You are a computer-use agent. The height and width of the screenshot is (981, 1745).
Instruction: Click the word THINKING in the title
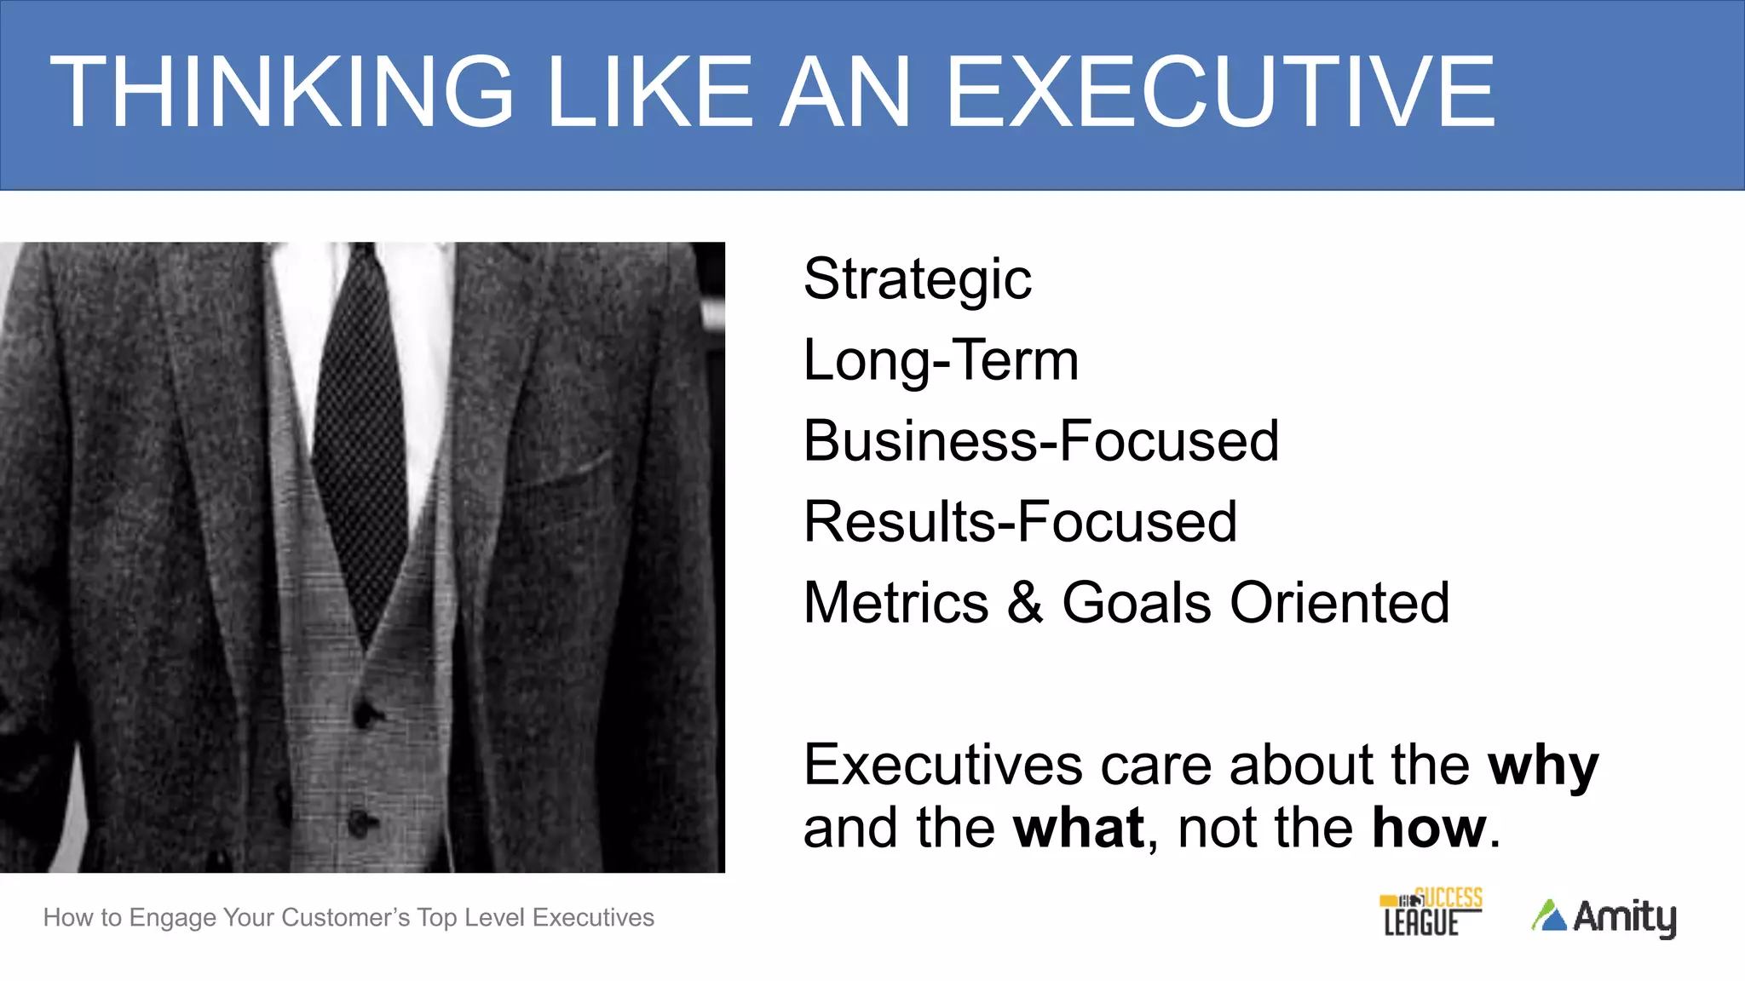(282, 92)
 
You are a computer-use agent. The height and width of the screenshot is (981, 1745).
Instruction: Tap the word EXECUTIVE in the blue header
(1220, 92)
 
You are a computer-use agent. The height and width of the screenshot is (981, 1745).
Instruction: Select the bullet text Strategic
(917, 279)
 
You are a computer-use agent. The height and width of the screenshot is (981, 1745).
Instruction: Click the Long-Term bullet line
(941, 360)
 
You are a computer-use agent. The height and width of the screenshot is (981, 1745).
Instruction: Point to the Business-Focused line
(1040, 441)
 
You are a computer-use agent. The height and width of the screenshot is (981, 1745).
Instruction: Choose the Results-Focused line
(1020, 522)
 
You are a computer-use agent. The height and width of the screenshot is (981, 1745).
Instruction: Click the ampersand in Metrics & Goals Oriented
(1025, 602)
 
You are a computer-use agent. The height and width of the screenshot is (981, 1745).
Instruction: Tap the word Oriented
(1339, 602)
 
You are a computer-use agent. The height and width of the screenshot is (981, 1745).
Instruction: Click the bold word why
(1543, 765)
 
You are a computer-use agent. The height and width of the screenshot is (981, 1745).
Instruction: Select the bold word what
(1079, 828)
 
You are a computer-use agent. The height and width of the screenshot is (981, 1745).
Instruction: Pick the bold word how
(1429, 828)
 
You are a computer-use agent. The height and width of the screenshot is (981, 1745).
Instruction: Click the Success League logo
(1431, 912)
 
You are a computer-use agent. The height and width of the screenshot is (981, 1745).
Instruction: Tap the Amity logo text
(1624, 917)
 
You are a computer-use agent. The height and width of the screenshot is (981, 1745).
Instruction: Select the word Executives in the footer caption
(593, 918)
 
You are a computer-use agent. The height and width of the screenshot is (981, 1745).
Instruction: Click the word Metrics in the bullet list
(896, 602)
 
